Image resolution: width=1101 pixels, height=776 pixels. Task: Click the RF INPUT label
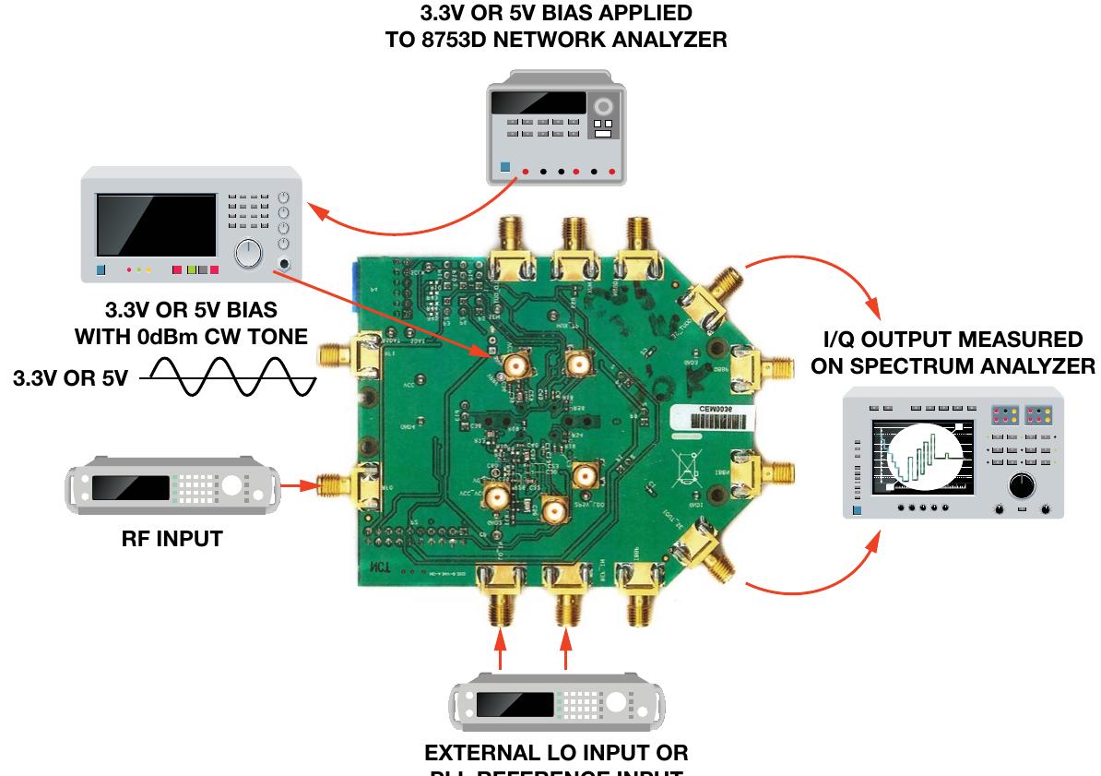172,539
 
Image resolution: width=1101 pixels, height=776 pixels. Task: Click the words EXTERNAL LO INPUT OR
556,752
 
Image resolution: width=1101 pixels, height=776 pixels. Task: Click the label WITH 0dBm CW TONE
191,336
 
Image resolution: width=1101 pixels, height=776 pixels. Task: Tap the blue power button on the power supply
503,170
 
